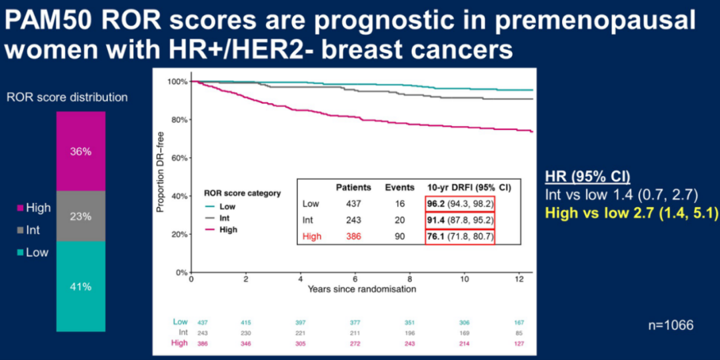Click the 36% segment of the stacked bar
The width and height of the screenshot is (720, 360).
click(81, 151)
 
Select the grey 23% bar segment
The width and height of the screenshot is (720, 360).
click(81, 216)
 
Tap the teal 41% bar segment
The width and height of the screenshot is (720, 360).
click(81, 287)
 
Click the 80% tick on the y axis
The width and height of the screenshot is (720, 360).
click(179, 120)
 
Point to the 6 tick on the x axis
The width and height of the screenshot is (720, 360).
click(355, 279)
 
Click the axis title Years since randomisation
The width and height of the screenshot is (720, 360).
click(362, 289)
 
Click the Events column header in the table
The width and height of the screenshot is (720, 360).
click(399, 188)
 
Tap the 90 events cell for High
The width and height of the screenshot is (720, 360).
click(399, 235)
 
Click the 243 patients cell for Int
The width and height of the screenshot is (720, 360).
click(353, 219)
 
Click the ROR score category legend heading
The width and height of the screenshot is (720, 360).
click(242, 193)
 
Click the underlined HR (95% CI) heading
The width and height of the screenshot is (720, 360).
click(587, 176)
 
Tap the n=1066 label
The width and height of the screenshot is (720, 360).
click(671, 325)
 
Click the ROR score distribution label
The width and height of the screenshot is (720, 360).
click(67, 97)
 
